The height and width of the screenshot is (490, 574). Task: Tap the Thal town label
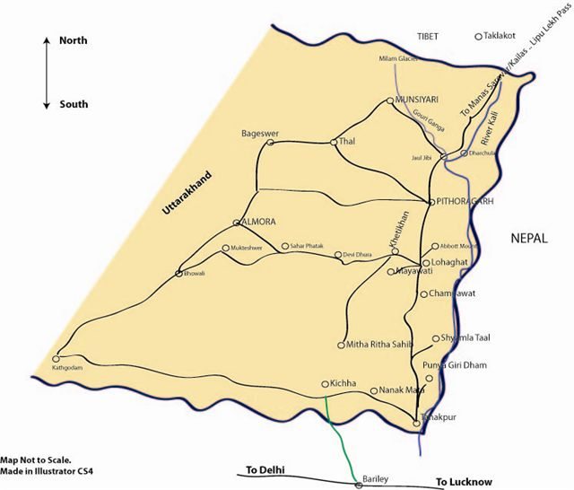(347, 141)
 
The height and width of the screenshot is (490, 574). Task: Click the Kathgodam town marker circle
(57, 355)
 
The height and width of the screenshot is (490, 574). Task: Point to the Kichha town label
(344, 384)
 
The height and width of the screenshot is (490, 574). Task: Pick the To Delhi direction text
(266, 468)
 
